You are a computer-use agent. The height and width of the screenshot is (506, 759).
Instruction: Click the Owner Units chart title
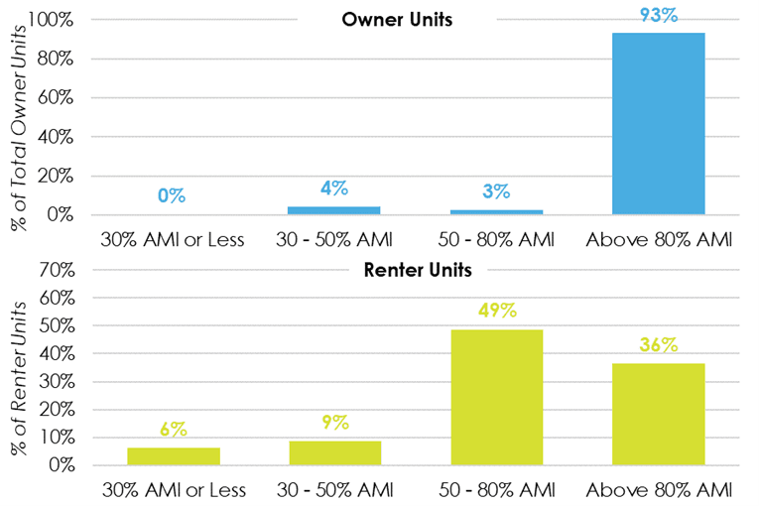(x=397, y=20)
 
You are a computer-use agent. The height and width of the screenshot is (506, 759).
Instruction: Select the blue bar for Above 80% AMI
(x=659, y=124)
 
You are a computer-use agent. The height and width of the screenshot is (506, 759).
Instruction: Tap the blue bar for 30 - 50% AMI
(x=335, y=210)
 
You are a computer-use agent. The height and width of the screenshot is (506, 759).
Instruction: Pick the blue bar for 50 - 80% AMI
(x=496, y=211)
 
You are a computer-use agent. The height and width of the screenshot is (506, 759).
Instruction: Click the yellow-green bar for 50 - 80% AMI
(x=496, y=397)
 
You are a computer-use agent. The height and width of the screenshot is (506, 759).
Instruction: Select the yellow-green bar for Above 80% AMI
(x=659, y=415)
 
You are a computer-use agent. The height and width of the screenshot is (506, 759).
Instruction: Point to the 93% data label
(x=659, y=15)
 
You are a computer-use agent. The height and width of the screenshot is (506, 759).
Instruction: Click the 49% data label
(x=496, y=311)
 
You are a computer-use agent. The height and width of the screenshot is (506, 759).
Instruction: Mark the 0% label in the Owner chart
(x=173, y=195)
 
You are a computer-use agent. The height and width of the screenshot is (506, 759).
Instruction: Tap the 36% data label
(x=659, y=345)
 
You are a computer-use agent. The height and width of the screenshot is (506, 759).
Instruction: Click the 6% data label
(x=174, y=430)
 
